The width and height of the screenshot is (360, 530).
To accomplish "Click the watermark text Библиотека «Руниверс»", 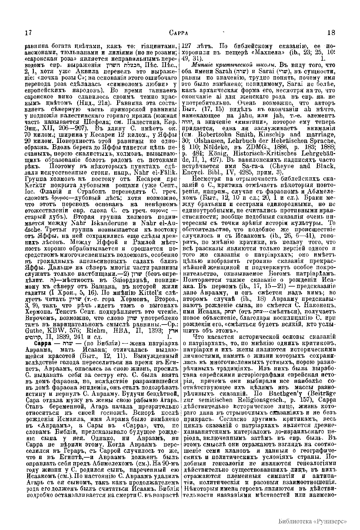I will (312, 520).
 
